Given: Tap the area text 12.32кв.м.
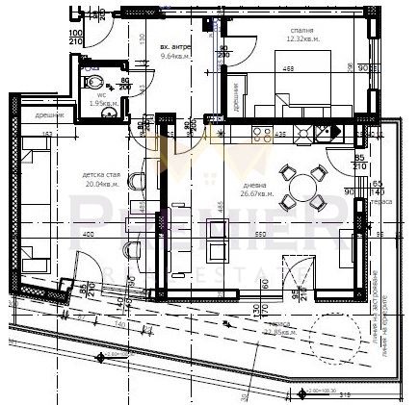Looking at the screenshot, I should [x=301, y=39].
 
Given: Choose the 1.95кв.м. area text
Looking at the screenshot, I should [x=102, y=104].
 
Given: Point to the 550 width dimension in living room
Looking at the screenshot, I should [x=259, y=235].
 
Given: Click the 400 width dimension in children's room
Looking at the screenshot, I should [x=88, y=235].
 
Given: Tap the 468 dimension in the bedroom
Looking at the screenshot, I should [x=288, y=69].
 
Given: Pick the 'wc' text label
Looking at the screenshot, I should [x=102, y=95].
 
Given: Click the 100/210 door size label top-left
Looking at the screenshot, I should [x=75, y=38].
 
